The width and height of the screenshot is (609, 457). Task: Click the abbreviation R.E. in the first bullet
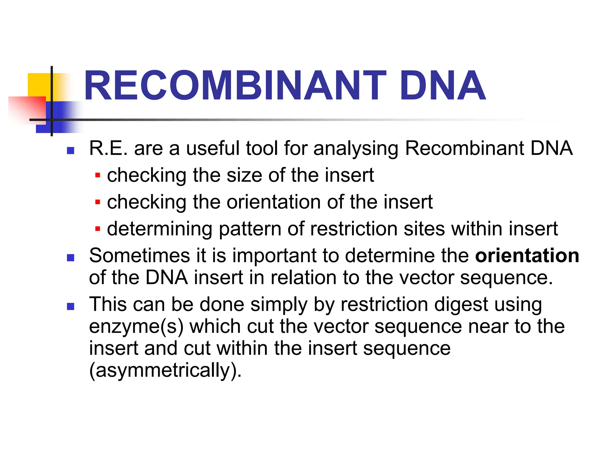click(x=108, y=148)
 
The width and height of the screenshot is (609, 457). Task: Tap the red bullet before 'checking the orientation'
click(x=98, y=202)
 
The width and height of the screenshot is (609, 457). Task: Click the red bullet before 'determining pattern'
click(x=98, y=229)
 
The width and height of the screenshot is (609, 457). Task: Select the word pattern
click(x=250, y=229)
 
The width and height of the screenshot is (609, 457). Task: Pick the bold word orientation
click(x=527, y=256)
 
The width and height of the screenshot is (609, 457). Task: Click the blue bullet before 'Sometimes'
click(x=70, y=257)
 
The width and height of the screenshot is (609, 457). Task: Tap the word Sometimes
click(x=139, y=256)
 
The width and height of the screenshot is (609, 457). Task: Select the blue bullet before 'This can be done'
click(x=70, y=306)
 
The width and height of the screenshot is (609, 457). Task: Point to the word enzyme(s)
click(x=136, y=327)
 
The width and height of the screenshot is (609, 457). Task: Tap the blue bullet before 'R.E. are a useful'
click(x=70, y=151)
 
